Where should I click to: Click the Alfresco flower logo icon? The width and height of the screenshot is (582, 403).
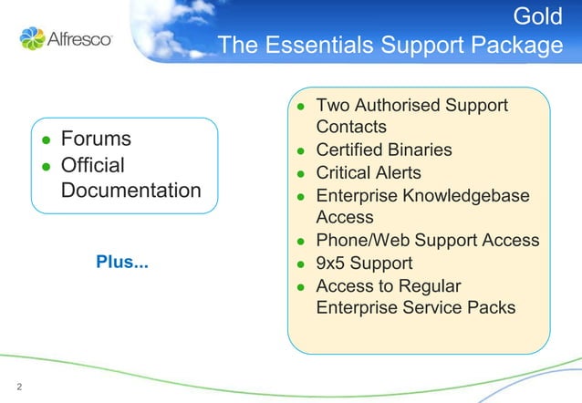pyautogui.click(x=32, y=38)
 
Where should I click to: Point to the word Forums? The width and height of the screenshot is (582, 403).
pyautogui.click(x=96, y=139)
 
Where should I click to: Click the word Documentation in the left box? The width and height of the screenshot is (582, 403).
pyautogui.click(x=131, y=191)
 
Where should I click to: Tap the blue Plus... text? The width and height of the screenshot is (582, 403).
pyautogui.click(x=122, y=263)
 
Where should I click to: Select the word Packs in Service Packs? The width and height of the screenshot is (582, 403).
pyautogui.click(x=494, y=308)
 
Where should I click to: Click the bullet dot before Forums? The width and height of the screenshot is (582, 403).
pyautogui.click(x=47, y=140)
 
